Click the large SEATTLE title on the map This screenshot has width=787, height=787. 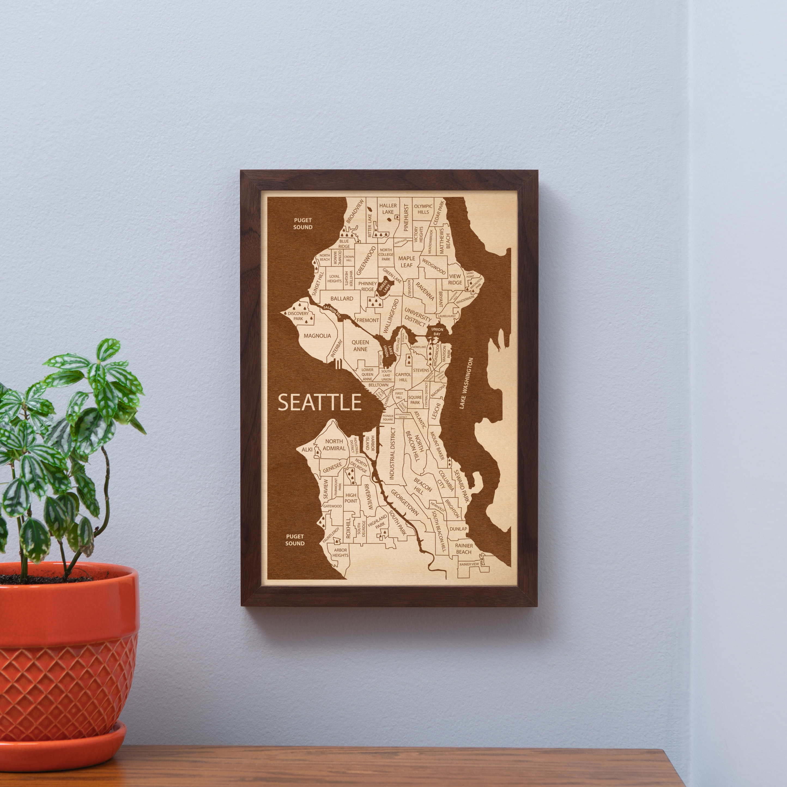tap(319, 402)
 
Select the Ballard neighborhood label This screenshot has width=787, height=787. tap(342, 299)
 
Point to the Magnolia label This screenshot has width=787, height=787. tap(317, 336)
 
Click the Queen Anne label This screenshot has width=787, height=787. tap(360, 346)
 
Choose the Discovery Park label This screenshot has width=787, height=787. tap(298, 316)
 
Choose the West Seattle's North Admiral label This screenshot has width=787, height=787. tap(334, 445)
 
